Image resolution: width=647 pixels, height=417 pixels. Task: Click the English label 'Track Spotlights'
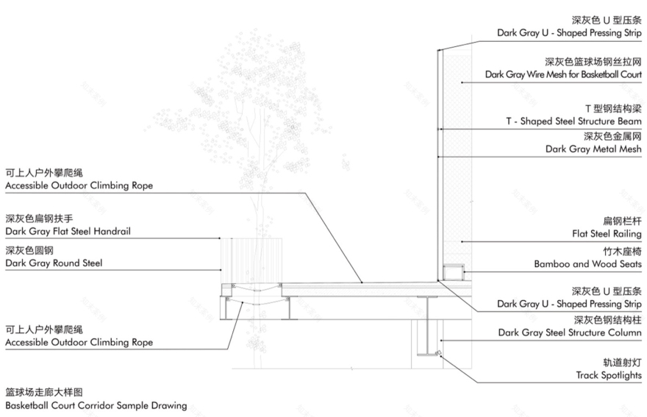(609, 376)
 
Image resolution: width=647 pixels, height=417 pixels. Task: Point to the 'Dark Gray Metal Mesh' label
(593, 149)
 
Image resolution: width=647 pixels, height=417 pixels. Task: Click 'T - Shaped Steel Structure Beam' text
(573, 121)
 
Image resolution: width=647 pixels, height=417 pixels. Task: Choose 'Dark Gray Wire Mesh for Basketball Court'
(563, 75)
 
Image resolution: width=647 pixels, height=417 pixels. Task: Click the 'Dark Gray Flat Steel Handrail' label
(73, 232)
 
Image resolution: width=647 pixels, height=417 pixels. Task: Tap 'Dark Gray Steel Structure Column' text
(571, 332)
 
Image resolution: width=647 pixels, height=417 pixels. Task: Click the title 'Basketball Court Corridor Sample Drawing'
(96, 405)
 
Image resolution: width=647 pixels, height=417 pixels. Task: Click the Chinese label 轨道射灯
(622, 363)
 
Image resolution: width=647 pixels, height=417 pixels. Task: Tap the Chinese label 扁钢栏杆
(622, 221)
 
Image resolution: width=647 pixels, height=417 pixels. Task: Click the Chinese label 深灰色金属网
(613, 135)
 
